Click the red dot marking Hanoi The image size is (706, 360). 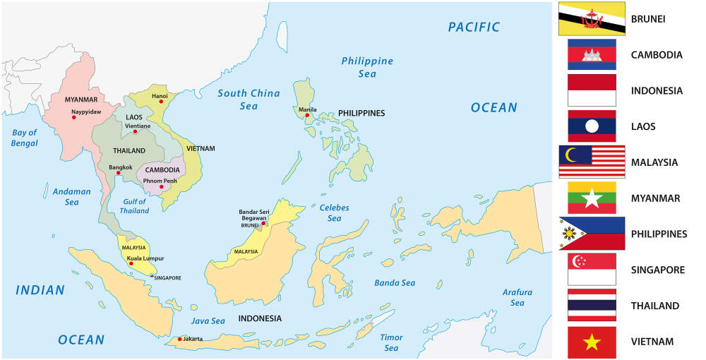coord(161,102)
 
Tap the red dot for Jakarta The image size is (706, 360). coord(180,340)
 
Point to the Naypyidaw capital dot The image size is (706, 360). coord(73,117)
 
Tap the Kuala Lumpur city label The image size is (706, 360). coord(145,258)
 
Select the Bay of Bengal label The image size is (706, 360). coord(24,138)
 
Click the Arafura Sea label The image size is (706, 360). coord(517,297)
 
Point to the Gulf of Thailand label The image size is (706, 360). coord(134,205)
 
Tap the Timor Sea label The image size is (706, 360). coord(391,342)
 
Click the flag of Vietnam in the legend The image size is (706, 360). coord(592,342)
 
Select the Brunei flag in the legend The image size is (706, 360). coord(592,18)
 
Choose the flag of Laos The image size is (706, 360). coord(592,126)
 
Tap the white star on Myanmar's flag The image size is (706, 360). coord(592,198)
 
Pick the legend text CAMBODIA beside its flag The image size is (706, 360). coord(657,54)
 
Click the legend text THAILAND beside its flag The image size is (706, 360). coord(656,306)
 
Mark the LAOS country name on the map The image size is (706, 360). coord(133,117)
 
